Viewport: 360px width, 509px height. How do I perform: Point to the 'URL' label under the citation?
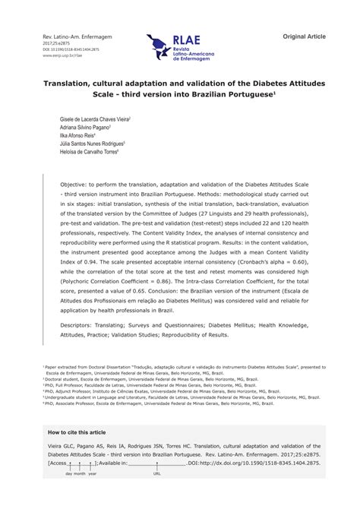tap(157, 473)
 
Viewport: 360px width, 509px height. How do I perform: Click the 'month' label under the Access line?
tap(80, 473)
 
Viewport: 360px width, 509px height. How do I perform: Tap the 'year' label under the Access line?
tap(92, 473)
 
